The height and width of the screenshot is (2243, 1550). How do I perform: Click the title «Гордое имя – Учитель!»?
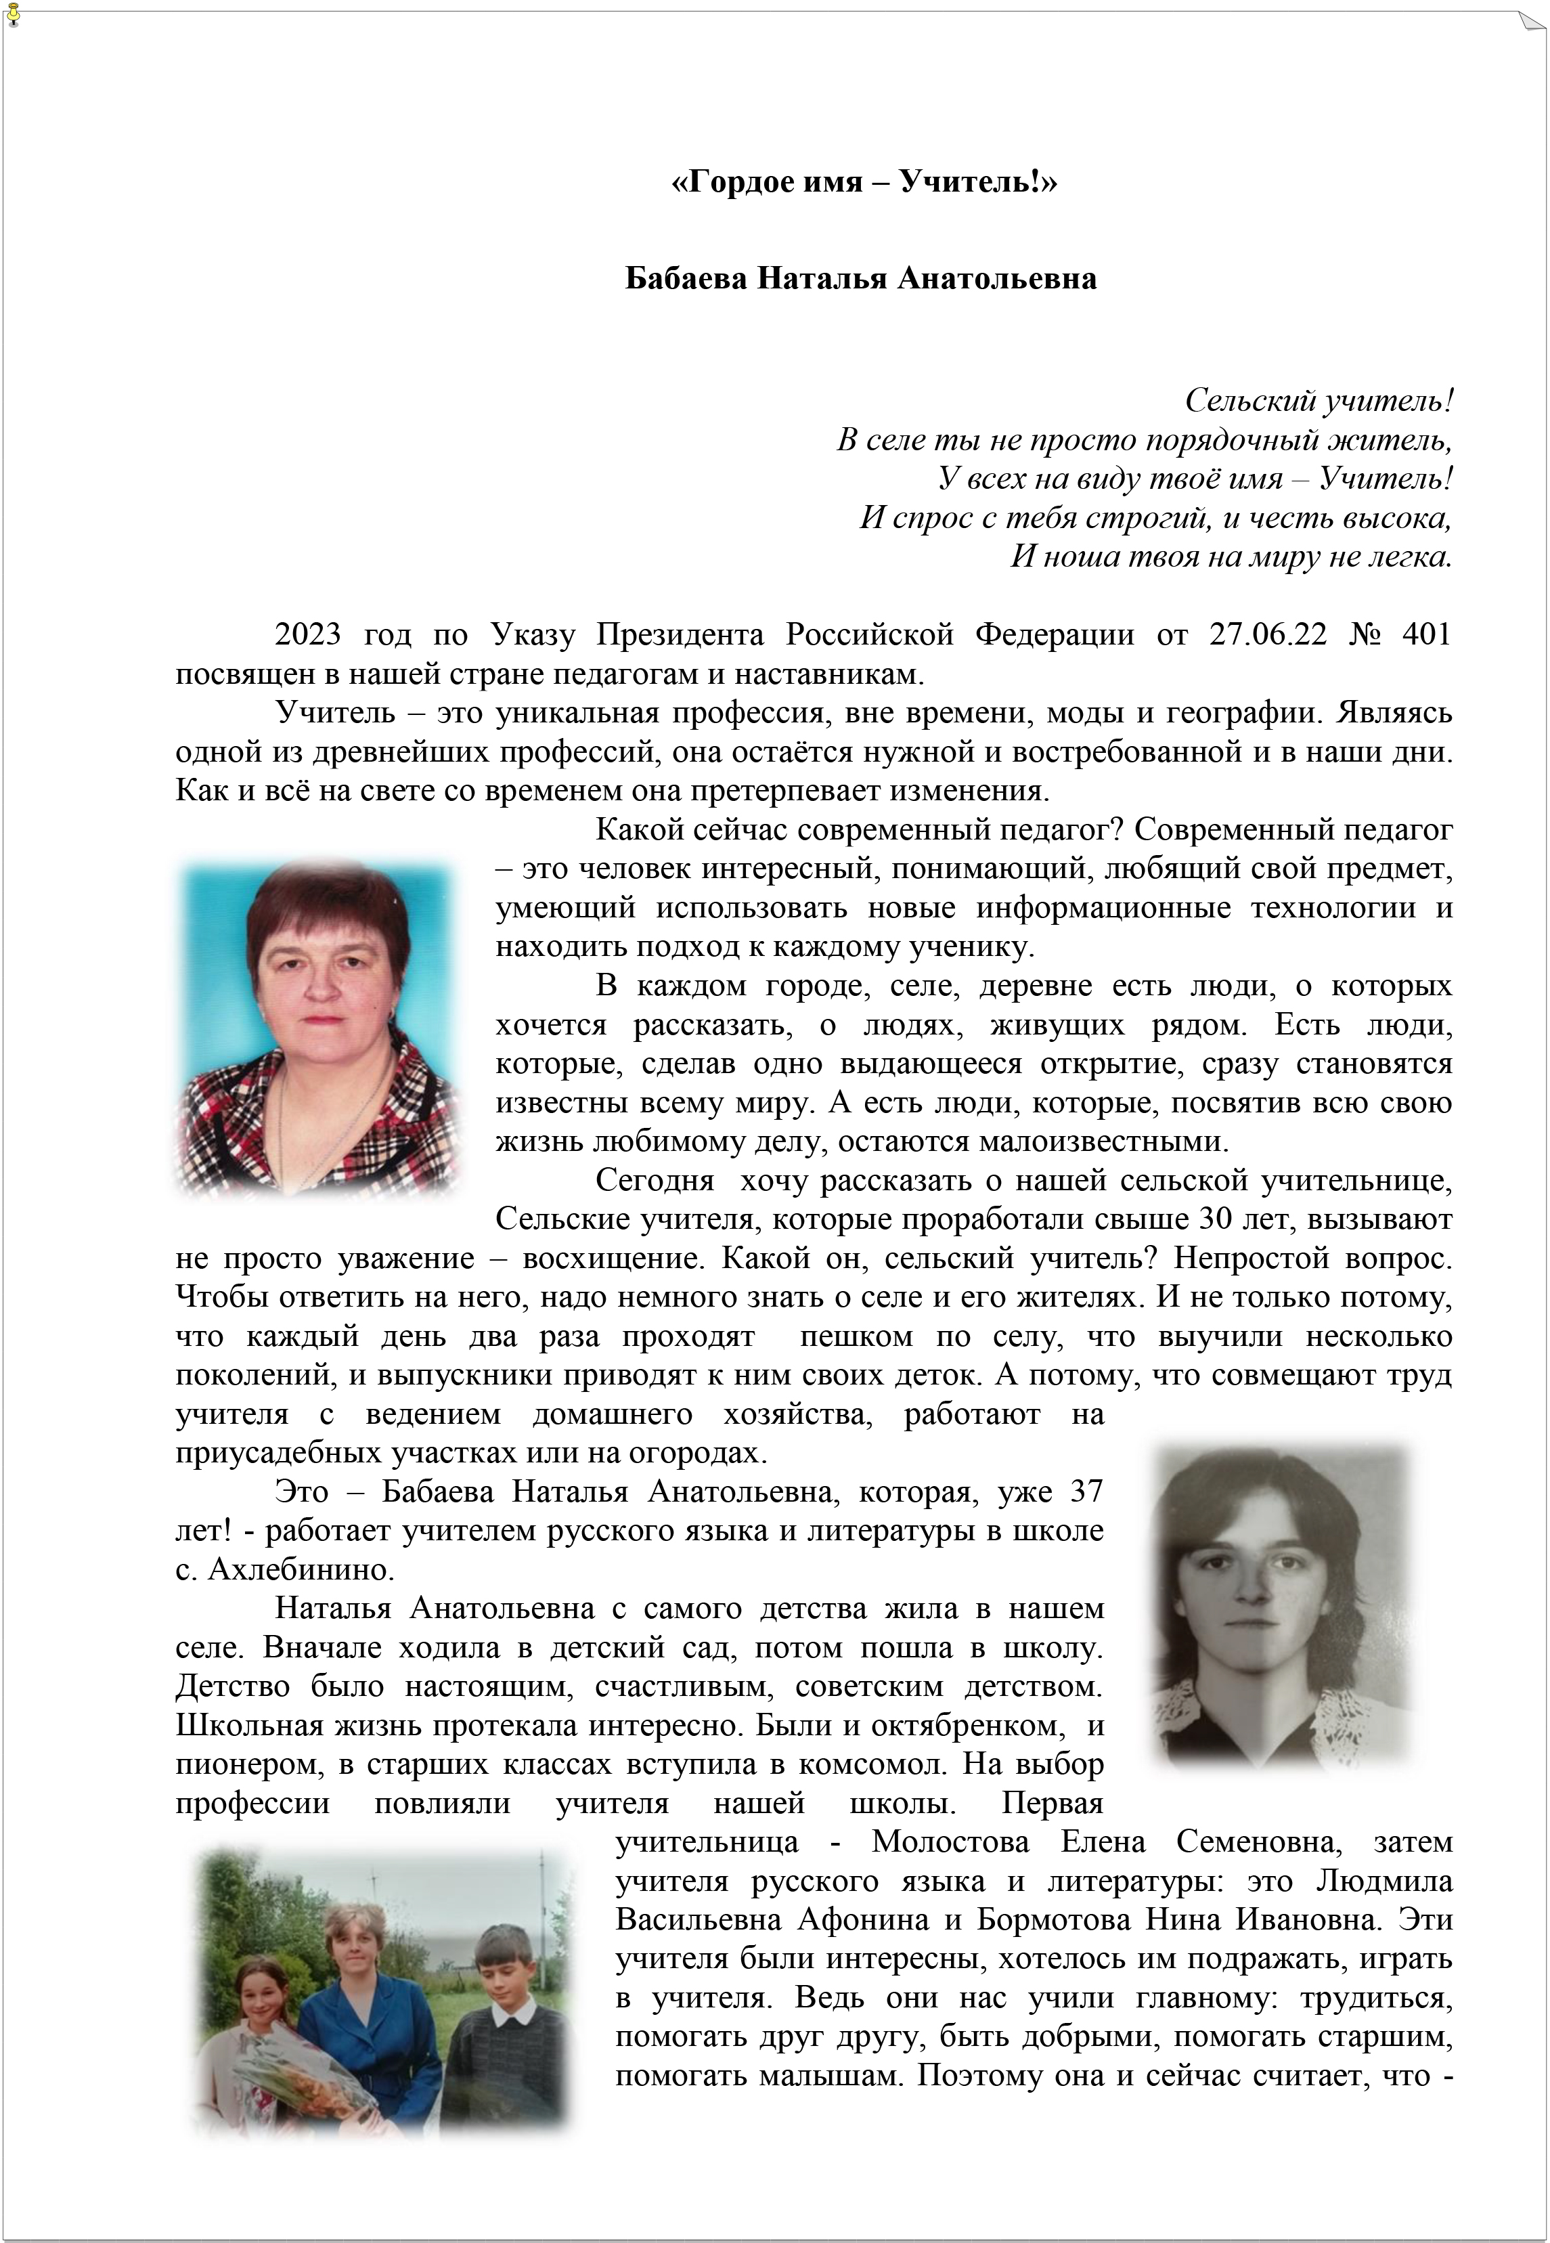864,181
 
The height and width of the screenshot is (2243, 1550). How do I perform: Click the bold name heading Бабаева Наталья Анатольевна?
860,279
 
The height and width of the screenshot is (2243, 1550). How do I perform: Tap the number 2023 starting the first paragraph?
308,634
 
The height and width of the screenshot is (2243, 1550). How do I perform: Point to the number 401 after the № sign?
1425,634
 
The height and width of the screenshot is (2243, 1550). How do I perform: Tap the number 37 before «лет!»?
1086,1491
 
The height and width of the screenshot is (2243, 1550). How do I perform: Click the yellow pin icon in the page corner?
13,16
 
